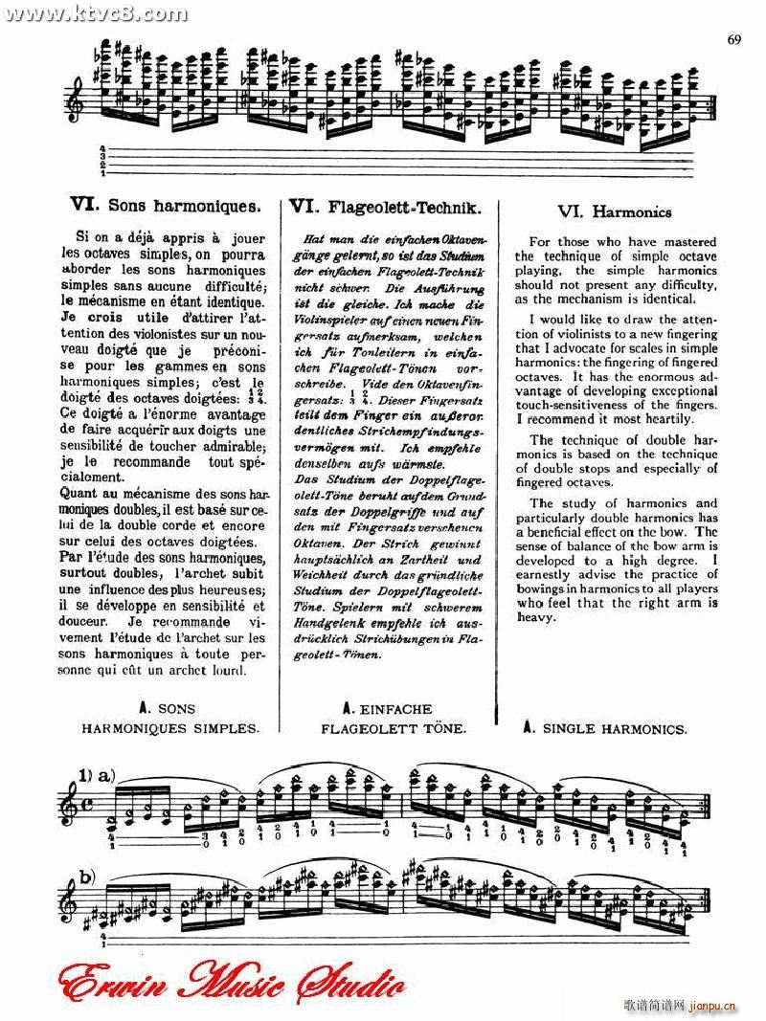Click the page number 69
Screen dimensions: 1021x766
pyautogui.click(x=734, y=39)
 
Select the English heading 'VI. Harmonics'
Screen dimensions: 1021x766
pyautogui.click(x=614, y=211)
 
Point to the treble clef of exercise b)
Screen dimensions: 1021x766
pyautogui.click(x=67, y=899)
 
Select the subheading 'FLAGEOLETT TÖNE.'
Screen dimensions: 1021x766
pyautogui.click(x=394, y=728)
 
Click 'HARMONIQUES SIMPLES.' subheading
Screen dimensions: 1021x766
pyautogui.click(x=170, y=728)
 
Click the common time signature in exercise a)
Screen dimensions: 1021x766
pyautogui.click(x=88, y=807)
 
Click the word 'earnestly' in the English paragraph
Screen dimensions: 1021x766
pyautogui.click(x=548, y=575)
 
